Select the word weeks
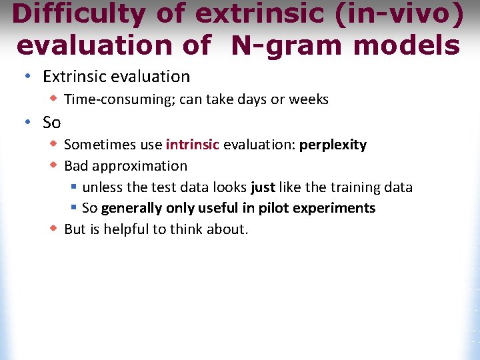point(309,99)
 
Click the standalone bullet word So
point(52,123)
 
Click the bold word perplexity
point(333,145)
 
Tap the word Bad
point(76,166)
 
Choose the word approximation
point(139,166)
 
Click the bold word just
point(263,187)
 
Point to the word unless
point(102,187)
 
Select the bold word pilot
point(271,208)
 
